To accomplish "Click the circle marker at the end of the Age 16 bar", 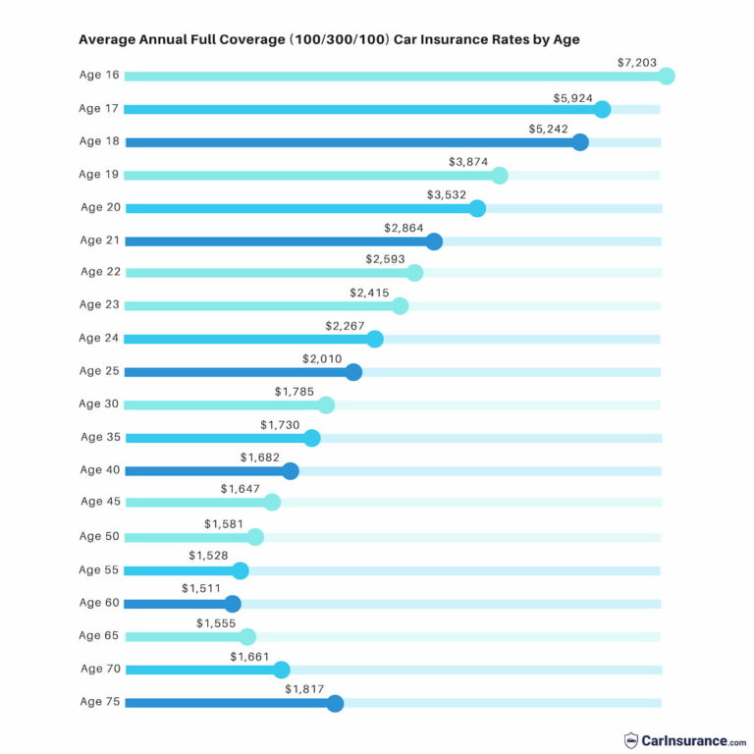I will tap(667, 76).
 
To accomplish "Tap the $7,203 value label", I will tap(636, 62).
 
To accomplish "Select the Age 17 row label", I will tap(99, 108).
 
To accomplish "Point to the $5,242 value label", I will tap(550, 128).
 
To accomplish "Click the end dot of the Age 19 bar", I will tap(500, 176).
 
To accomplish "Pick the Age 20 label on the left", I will tap(99, 207).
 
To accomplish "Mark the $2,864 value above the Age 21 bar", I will tap(404, 227).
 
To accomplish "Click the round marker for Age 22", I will tap(414, 273).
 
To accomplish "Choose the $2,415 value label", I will tap(369, 293).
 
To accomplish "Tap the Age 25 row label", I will tap(99, 371).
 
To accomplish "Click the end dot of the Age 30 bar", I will tap(327, 404).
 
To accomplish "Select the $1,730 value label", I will tap(281, 424).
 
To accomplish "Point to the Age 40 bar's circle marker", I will tap(291, 470).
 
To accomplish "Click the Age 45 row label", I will tap(99, 502).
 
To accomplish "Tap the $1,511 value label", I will tap(201, 589).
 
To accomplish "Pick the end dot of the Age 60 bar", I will tap(233, 604).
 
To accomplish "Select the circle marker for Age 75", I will tap(335, 703).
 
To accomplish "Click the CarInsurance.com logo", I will tap(685, 740).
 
